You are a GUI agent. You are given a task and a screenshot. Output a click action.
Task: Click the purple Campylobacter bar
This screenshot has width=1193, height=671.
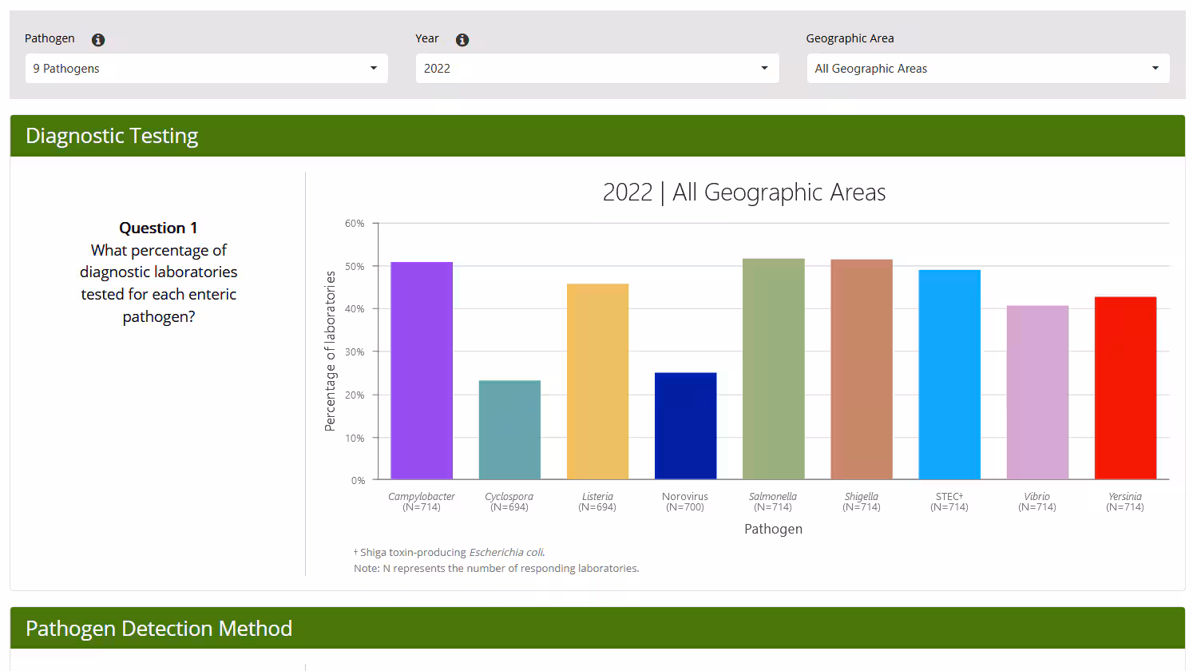point(422,371)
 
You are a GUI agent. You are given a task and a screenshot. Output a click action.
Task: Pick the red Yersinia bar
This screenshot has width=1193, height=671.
point(1125,388)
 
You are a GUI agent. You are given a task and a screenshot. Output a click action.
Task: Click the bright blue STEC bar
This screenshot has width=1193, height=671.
point(949,375)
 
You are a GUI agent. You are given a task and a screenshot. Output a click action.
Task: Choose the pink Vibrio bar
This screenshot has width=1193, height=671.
point(1037,392)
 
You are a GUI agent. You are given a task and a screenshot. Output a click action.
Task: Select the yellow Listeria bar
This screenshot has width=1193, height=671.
point(597,382)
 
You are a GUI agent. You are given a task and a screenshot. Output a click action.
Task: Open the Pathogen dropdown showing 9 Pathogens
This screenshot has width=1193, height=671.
point(206,69)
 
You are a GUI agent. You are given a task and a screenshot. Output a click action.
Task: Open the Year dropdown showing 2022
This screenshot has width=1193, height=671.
point(596,69)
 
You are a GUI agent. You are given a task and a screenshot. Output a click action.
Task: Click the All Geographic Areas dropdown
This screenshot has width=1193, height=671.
point(988,69)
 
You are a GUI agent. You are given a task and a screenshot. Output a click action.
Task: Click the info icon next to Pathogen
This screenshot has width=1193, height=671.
point(98,40)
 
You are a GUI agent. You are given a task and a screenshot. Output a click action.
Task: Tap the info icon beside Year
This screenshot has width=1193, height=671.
point(462,40)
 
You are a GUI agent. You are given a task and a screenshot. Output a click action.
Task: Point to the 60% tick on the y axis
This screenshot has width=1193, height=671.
point(355,224)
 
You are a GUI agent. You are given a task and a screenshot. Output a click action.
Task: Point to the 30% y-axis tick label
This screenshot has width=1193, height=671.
point(355,352)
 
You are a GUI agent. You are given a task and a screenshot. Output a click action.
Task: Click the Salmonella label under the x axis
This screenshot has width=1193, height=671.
point(773,497)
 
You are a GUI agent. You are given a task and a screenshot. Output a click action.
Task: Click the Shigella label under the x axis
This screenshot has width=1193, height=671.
point(861,497)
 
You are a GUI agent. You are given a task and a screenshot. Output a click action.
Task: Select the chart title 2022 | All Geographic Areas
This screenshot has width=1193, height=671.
point(743,193)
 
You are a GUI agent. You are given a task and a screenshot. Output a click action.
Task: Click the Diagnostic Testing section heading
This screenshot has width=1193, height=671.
point(112,136)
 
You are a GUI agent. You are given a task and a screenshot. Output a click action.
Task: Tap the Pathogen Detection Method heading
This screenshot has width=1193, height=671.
point(159,629)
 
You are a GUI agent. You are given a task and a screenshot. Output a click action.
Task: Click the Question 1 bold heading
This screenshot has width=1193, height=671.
point(158,228)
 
